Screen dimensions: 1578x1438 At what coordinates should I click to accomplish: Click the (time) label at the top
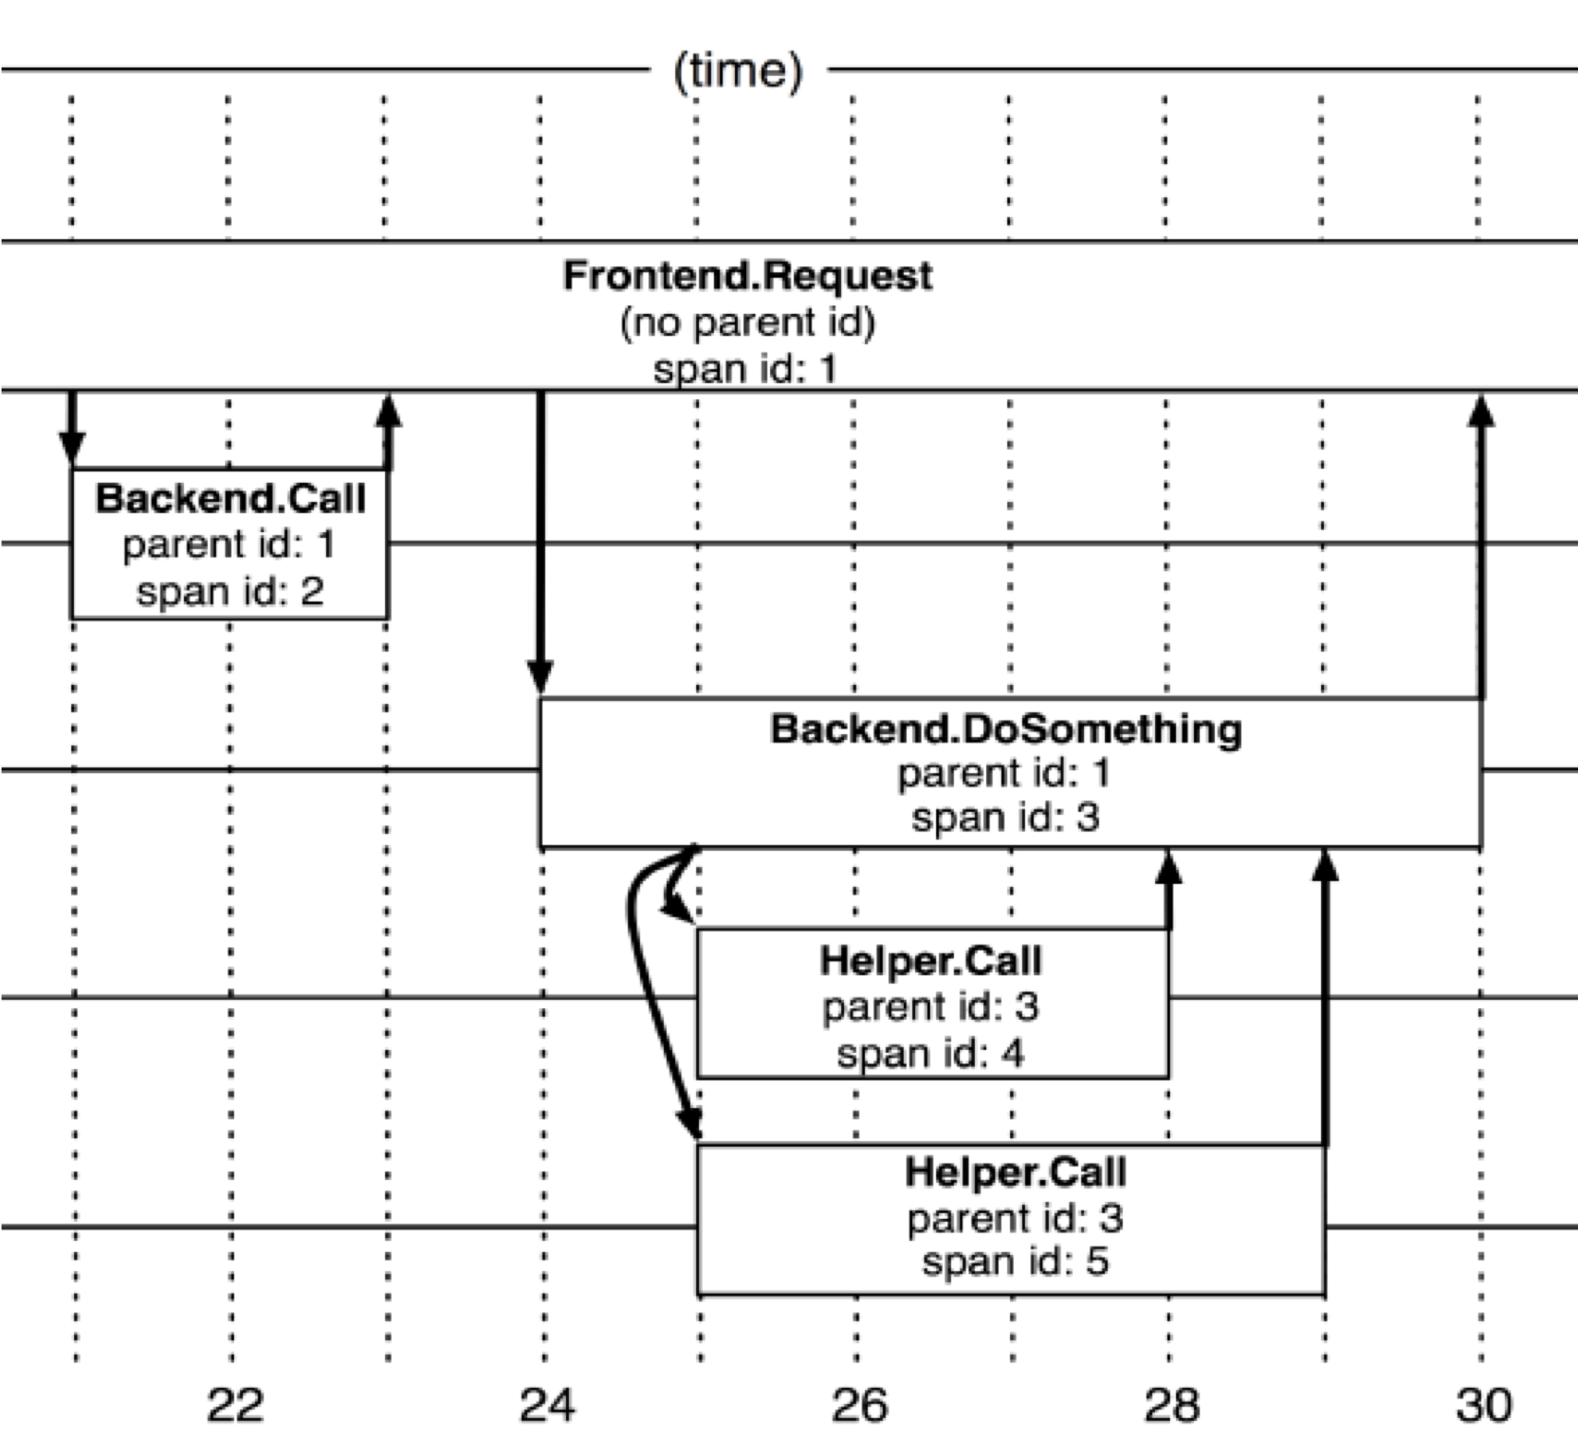coord(738,71)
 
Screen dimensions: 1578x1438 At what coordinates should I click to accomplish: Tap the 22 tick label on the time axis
coord(234,1405)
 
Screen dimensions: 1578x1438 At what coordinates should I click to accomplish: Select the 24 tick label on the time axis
coord(547,1405)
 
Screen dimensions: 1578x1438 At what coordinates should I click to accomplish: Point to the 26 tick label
coord(859,1405)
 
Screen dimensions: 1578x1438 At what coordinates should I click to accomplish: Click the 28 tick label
coord(1172,1405)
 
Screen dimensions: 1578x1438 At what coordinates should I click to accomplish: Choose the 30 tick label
coord(1484,1405)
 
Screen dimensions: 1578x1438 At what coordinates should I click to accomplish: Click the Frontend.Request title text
coord(747,276)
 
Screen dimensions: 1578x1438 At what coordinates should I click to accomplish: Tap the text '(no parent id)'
coord(747,323)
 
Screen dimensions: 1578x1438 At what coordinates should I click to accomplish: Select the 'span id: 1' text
coord(745,369)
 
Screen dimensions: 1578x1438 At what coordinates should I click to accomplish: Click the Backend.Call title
coord(230,499)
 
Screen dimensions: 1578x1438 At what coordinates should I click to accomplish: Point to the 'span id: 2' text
coord(230,591)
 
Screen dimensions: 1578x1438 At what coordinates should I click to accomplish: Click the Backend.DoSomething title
coord(1005,729)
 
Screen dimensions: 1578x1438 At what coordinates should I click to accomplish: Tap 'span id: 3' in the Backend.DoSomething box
coord(1005,818)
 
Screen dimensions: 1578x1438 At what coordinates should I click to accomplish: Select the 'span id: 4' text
coord(930,1054)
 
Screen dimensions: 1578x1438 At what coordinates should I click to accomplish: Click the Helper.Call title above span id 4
coord(930,961)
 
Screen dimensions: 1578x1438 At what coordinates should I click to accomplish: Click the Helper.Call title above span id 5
coord(1015,1172)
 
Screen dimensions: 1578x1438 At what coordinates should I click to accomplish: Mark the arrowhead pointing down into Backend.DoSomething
coord(541,677)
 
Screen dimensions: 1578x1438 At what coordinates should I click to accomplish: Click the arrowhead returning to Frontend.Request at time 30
coord(1480,411)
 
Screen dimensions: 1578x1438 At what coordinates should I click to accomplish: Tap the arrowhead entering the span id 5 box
coord(690,1121)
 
